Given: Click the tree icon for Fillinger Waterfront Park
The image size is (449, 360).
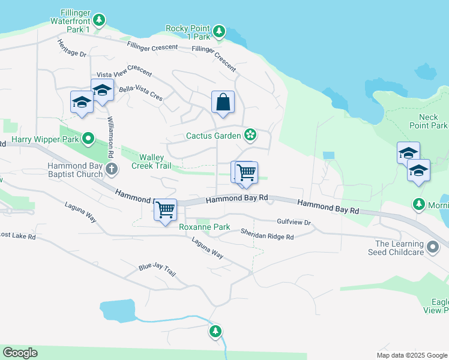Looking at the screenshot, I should click(99, 20).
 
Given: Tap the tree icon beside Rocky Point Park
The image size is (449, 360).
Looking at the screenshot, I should click(219, 30).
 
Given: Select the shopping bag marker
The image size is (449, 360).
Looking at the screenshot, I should click(223, 101).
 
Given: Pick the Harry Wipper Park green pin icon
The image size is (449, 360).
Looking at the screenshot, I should click(89, 140).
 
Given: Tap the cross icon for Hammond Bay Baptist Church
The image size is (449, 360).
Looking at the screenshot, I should click(111, 169).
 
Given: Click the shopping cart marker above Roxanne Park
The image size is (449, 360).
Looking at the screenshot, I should click(165, 210).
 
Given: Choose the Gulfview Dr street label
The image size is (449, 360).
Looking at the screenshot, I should click(294, 223).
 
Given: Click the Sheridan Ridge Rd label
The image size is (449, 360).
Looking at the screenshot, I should click(267, 234).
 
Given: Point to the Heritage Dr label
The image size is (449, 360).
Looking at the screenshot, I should click(72, 49).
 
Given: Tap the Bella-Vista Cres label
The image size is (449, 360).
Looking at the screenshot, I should click(141, 92).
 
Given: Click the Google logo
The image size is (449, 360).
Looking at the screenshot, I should click(20, 353).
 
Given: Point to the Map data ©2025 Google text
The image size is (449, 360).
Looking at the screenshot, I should click(412, 355).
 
